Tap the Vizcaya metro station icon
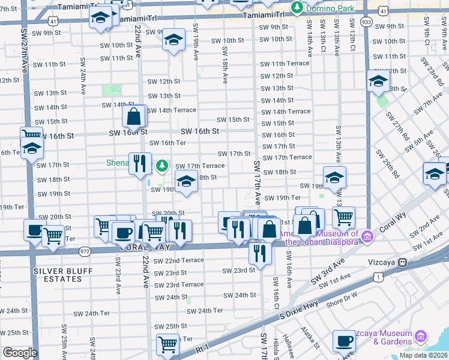tap(403, 262)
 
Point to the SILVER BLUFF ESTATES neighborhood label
tap(62, 275)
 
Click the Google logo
tap(19, 353)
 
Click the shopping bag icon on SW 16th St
tap(134, 116)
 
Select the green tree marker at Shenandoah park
tap(161, 165)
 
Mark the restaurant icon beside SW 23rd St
tap(260, 252)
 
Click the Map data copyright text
tap(424, 355)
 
